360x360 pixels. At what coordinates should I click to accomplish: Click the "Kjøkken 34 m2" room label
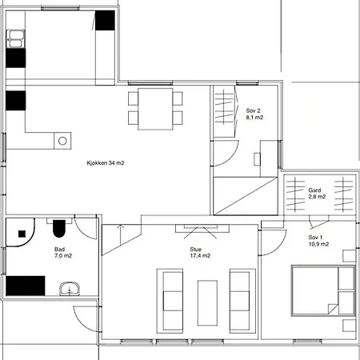(106, 163)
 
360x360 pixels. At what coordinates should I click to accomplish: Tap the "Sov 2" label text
(253, 110)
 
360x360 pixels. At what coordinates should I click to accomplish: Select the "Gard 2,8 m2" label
(317, 194)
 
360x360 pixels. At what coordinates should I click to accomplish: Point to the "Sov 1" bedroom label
(315, 237)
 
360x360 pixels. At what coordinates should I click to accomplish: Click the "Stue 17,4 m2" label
(200, 253)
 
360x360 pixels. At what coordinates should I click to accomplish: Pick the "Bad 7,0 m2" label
(63, 253)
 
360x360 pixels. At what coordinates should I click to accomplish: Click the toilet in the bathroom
(59, 228)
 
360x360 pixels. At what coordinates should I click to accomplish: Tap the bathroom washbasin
(70, 289)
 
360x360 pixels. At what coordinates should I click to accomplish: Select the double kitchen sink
(16, 39)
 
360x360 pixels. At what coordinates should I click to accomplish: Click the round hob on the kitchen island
(62, 141)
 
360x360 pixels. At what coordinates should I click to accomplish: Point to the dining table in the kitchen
(155, 109)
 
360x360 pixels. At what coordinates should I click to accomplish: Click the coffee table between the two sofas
(207, 303)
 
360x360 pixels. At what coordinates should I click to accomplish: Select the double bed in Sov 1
(323, 290)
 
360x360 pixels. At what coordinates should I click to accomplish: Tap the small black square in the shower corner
(22, 234)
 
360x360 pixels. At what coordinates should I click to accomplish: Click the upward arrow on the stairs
(121, 234)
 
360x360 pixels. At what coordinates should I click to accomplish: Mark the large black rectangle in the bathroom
(26, 286)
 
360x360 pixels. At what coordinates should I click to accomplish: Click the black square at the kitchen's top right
(105, 20)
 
